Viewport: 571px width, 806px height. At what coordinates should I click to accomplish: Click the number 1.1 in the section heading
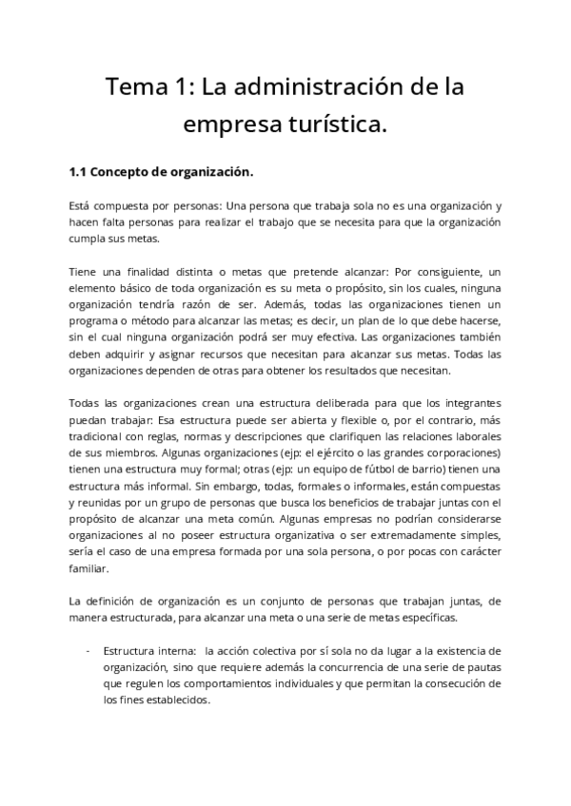[79, 173]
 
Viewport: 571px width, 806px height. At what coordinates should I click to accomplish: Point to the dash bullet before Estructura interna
[88, 652]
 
